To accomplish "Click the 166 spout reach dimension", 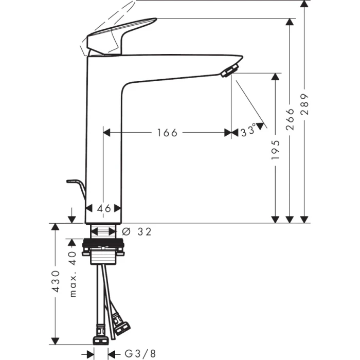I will (x=167, y=133).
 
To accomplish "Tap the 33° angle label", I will (x=248, y=132).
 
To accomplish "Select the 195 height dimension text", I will (x=277, y=149).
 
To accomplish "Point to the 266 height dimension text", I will (x=291, y=119).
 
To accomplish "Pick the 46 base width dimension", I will (x=104, y=208).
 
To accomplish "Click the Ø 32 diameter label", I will (x=138, y=232).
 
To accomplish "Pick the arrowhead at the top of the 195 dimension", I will (x=277, y=77).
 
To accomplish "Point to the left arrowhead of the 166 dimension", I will (x=107, y=133).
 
